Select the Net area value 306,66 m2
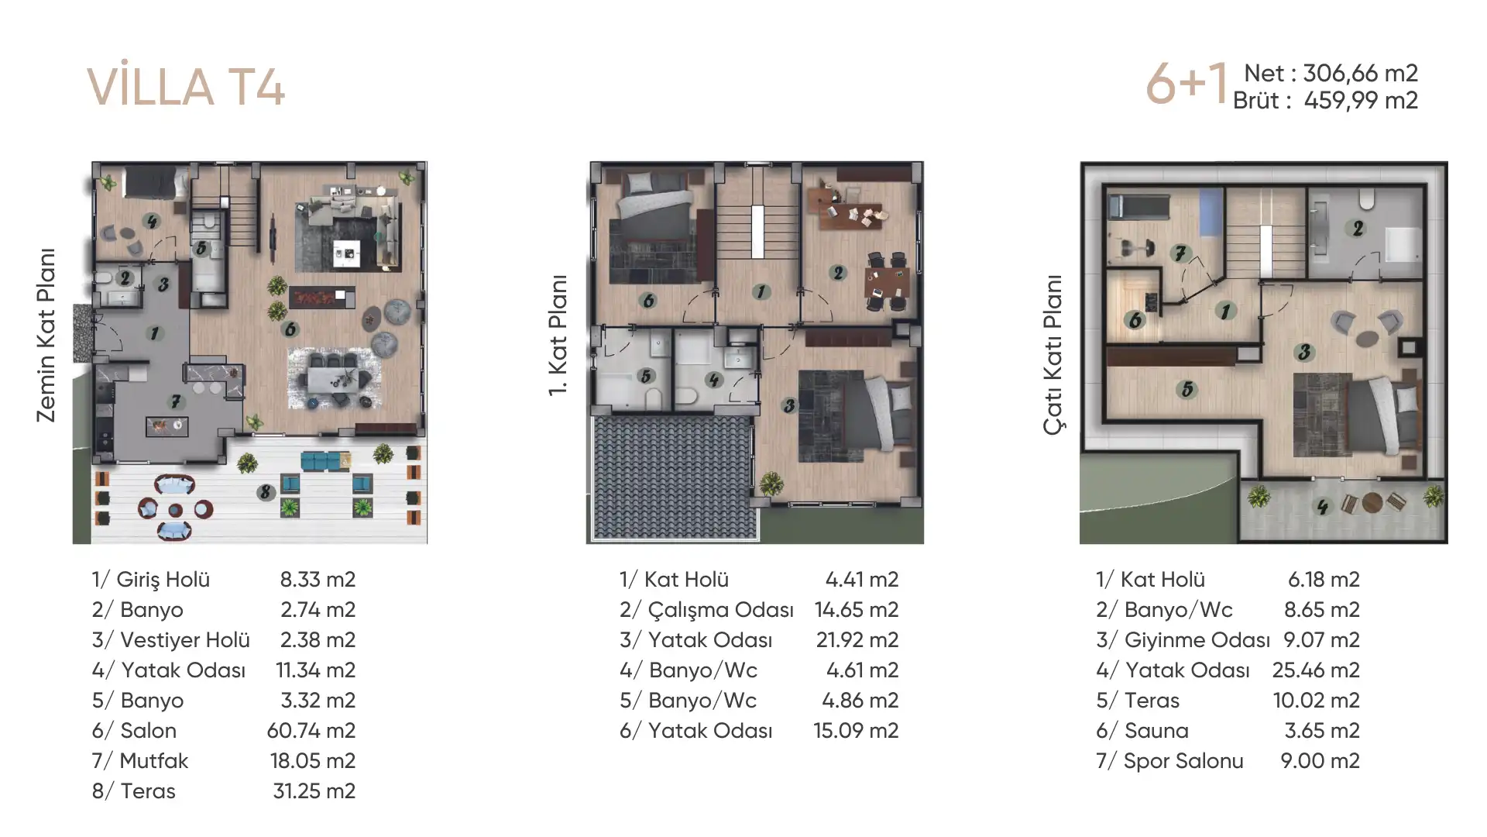pos(1360,73)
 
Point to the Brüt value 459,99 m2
pos(1361,100)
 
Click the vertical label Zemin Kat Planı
pos(46,335)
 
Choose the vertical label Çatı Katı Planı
pos(1053,354)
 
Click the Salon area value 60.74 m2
pos(311,730)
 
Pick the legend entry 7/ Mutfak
pos(140,760)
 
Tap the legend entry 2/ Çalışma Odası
pos(706,610)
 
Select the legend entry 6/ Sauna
pos(1142,730)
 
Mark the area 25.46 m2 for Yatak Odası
pos(1316,670)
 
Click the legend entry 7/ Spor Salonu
pos(1169,761)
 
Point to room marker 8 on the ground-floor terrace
pos(266,492)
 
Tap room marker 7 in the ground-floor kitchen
pos(176,401)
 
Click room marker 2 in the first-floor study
pos(838,272)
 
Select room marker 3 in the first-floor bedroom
pos(788,405)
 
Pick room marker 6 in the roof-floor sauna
pos(1135,319)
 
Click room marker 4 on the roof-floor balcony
pos(1322,506)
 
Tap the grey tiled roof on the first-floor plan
pos(674,478)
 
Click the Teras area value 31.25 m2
pos(314,790)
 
